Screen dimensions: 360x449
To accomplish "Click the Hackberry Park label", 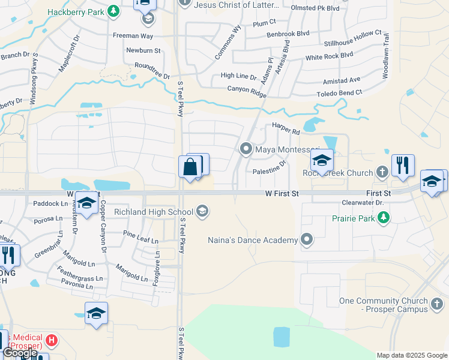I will click(x=74, y=11).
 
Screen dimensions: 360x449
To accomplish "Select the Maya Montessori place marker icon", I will click(x=246, y=148).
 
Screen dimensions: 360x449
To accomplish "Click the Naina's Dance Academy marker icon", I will click(x=307, y=240).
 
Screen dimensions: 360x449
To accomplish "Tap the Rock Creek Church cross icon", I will click(x=382, y=173).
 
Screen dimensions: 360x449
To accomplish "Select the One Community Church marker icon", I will click(x=438, y=305).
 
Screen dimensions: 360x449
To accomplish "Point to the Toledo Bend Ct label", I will click(x=340, y=93).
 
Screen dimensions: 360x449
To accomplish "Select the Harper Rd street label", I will click(x=286, y=128).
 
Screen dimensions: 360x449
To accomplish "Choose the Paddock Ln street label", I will click(x=51, y=203).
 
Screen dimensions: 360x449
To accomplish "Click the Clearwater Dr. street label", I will click(x=362, y=203).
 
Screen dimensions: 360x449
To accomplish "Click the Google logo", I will click(x=19, y=353).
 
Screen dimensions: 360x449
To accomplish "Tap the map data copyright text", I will click(x=412, y=355).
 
